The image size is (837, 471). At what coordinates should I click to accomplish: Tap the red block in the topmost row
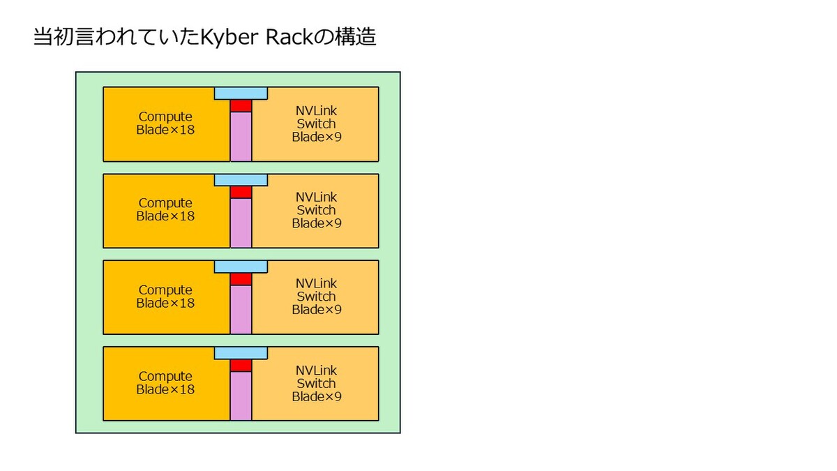click(241, 106)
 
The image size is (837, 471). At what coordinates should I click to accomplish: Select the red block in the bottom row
click(241, 366)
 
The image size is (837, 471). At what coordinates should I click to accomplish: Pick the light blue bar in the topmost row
click(241, 94)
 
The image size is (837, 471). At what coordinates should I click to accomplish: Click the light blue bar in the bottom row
click(241, 353)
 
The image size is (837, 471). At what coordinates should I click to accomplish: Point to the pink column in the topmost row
click(241, 137)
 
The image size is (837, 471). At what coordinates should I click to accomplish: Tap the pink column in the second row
click(241, 223)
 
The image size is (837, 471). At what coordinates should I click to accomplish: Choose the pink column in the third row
click(241, 310)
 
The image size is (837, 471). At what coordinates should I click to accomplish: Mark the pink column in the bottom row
click(241, 396)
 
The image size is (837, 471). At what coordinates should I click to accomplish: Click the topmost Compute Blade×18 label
click(165, 124)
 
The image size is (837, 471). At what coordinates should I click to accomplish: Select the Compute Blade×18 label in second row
click(165, 210)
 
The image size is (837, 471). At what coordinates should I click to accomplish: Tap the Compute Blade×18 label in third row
click(165, 297)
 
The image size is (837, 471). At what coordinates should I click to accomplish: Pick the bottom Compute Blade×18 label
click(165, 383)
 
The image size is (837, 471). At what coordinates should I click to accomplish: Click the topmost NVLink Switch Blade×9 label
click(317, 124)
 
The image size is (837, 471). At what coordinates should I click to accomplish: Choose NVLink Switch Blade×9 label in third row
click(317, 297)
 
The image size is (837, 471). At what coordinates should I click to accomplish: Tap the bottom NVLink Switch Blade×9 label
click(317, 384)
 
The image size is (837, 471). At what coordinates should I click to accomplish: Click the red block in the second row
click(241, 193)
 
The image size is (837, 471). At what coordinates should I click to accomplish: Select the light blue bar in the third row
click(241, 267)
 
